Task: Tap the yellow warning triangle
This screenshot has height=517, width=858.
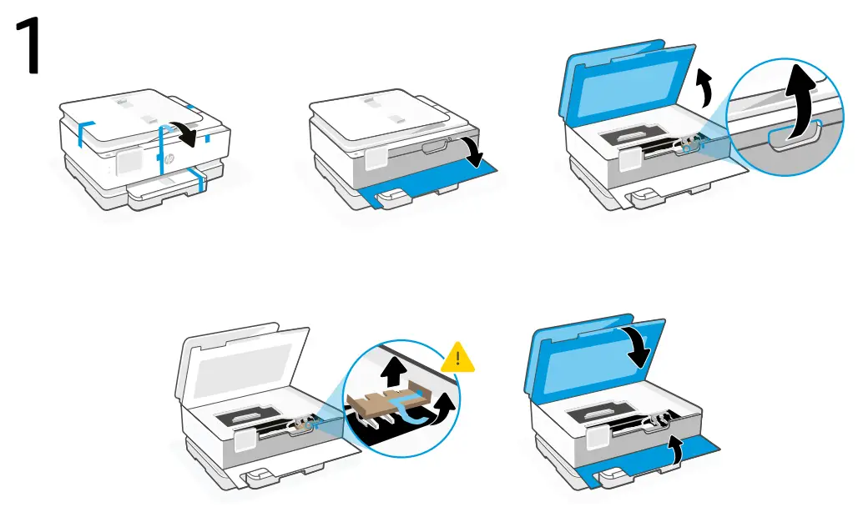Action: click(457, 359)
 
